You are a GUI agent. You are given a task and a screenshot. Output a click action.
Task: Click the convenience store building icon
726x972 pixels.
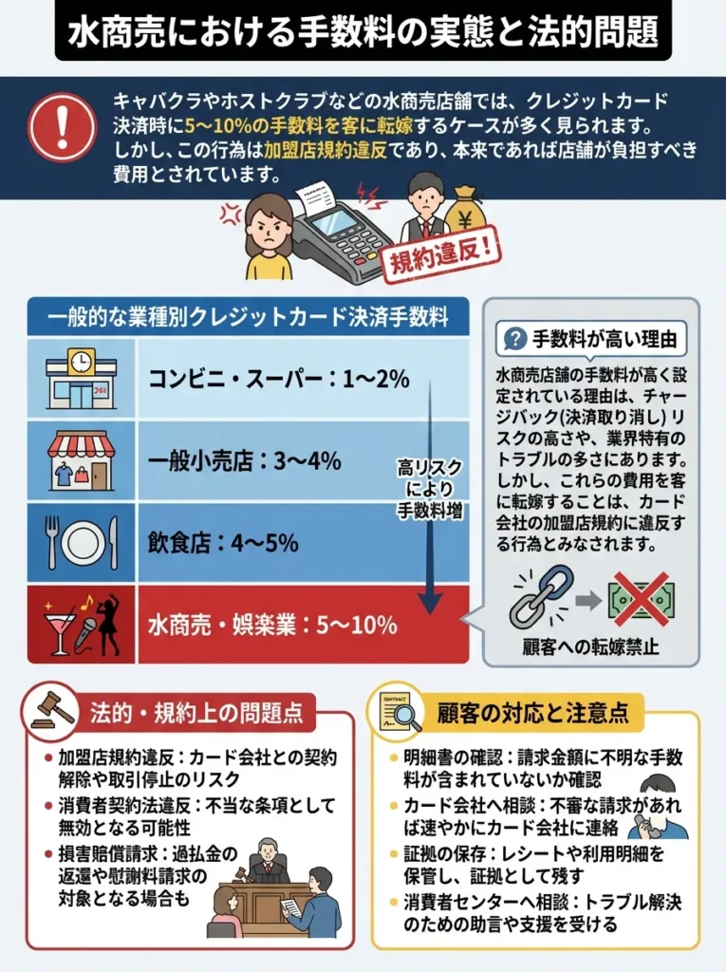82,379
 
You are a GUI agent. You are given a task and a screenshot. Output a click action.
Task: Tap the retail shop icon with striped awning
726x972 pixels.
82,461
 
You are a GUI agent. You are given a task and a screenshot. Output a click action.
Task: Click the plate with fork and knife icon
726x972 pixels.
82,542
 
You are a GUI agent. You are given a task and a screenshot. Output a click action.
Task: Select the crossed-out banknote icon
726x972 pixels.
640,598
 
